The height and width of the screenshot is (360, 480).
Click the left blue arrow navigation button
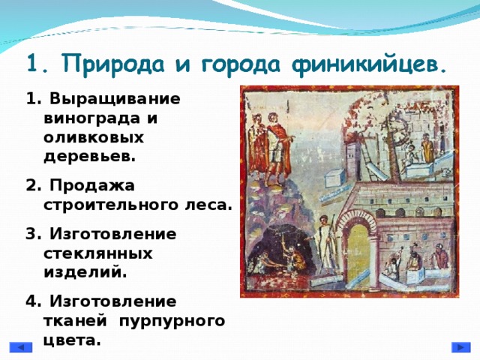(x=21, y=348)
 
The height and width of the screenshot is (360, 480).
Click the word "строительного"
(x=112, y=203)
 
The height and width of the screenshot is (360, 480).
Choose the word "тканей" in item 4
(x=74, y=320)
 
